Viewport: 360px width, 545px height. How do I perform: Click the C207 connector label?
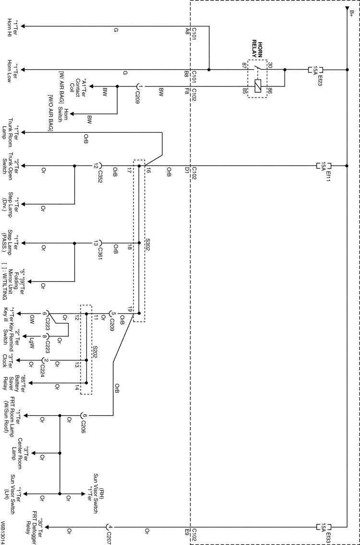click(x=109, y=533)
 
